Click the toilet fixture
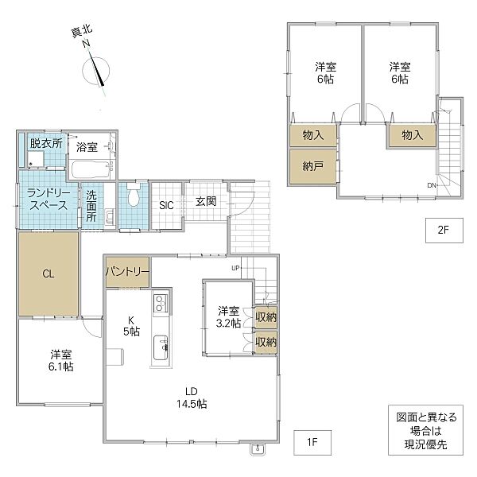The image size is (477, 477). coord(134,195)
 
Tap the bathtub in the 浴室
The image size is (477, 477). coord(91,169)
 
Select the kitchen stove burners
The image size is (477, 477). coord(160,303)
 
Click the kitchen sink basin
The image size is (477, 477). coord(161,347)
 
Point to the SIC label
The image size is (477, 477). coord(166,206)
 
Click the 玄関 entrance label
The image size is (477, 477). coord(206,201)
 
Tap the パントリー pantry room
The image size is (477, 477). coord(128,272)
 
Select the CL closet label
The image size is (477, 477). coord(48,274)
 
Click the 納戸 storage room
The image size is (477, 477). coord(313,166)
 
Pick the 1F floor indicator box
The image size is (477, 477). coord(312,443)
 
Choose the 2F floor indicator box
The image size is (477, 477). coord(444,231)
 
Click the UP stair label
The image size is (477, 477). coord(236,268)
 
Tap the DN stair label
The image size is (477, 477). coord(432,185)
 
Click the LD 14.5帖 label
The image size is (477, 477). coord(192,397)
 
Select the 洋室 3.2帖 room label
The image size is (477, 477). coord(228,317)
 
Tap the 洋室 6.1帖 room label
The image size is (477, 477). coord(61,360)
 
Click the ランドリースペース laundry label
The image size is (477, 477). coord(48,200)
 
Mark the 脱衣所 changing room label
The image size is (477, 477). coord(46,143)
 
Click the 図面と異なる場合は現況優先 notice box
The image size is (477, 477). coord(425,430)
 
